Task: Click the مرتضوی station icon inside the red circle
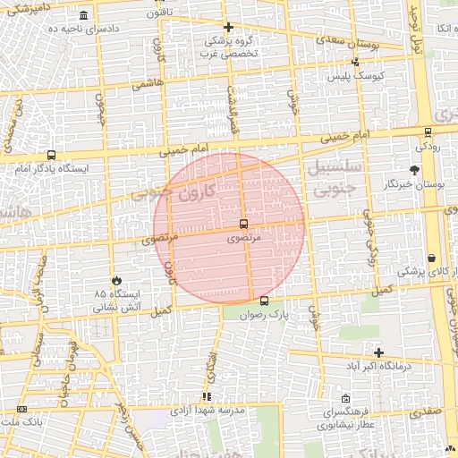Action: point(244,224)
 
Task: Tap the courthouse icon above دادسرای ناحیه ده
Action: point(83,16)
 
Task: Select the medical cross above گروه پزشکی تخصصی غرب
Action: point(228,27)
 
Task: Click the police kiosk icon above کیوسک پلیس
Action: point(356,62)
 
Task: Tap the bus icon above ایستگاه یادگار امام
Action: point(51,155)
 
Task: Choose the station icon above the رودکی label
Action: point(428,132)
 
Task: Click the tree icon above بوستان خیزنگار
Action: point(413,169)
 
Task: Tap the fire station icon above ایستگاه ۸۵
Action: point(114,281)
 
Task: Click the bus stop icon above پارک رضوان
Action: point(263,301)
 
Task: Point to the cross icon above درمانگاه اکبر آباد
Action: point(378,352)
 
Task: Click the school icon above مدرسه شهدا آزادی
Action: point(207,395)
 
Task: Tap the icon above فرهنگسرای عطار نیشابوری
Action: point(345,399)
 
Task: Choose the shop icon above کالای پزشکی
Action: point(431,258)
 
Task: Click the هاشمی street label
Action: point(143,85)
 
